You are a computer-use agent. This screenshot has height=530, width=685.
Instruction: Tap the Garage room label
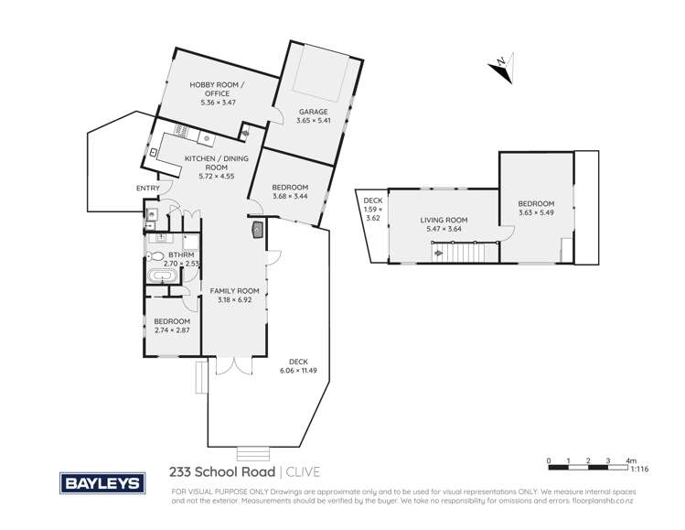(x=312, y=113)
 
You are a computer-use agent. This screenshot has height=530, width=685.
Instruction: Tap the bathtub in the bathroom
(x=166, y=276)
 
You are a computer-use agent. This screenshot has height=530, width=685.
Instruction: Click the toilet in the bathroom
(x=156, y=257)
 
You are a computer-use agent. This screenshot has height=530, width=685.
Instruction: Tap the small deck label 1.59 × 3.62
(x=372, y=210)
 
